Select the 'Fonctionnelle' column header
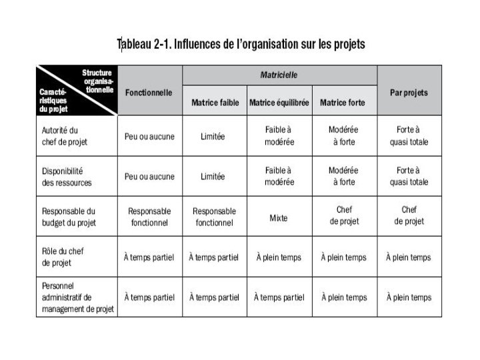[149, 92]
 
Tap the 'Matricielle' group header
[279, 75]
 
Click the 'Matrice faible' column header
[214, 103]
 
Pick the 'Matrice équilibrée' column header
[279, 103]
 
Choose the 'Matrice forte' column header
[343, 103]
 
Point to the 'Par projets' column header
[409, 92]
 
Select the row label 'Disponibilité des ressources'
[67, 177]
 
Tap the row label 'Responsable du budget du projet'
[69, 216]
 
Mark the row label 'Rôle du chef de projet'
[64, 257]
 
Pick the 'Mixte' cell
[279, 217]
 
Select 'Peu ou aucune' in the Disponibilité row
[149, 177]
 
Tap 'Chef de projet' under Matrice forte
[344, 215]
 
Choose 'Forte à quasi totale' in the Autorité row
[409, 136]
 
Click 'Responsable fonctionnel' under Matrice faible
[214, 216]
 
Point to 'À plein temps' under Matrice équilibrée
[279, 257]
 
